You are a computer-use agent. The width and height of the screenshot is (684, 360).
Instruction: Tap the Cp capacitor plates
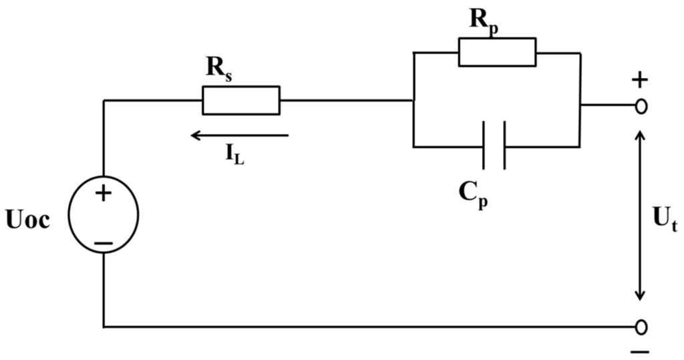pos(494,145)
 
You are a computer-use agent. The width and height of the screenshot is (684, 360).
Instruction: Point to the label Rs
pos(219,68)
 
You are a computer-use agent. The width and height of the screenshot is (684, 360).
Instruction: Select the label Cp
pos(474,195)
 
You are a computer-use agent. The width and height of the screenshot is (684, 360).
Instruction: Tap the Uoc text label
pos(27,220)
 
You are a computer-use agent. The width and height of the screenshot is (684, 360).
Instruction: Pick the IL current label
pos(234,153)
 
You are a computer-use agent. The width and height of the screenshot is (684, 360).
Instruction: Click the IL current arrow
pos(240,136)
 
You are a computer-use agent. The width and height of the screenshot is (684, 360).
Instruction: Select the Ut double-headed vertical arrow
pos(640,215)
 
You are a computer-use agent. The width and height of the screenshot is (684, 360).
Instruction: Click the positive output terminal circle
pos(641,106)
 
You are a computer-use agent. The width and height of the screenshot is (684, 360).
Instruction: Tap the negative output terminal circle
pos(641,327)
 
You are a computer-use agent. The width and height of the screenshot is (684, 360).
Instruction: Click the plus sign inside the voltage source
pos(104,193)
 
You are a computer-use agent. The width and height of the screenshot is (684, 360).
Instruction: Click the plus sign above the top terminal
pos(640,80)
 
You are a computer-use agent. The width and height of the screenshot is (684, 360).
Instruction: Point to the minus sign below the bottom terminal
pos(640,352)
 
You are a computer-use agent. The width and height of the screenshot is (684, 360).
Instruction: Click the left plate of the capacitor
pos(484,145)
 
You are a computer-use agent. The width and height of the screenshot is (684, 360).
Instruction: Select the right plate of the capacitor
pos(505,145)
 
